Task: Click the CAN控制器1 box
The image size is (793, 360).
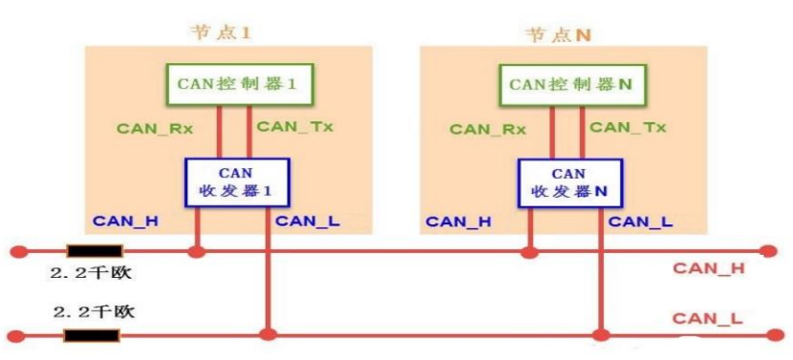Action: click(x=234, y=84)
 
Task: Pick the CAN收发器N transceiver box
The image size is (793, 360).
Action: click(x=568, y=182)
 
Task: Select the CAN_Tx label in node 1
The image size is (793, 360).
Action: click(x=295, y=126)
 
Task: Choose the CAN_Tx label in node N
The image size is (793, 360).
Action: click(x=628, y=126)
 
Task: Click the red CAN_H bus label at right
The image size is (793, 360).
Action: click(x=708, y=268)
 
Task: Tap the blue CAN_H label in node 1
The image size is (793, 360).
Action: click(x=125, y=222)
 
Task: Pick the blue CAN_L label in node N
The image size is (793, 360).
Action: click(x=640, y=222)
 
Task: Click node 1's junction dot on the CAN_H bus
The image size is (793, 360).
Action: click(x=197, y=252)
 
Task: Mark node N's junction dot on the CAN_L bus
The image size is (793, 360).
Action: click(x=601, y=335)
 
